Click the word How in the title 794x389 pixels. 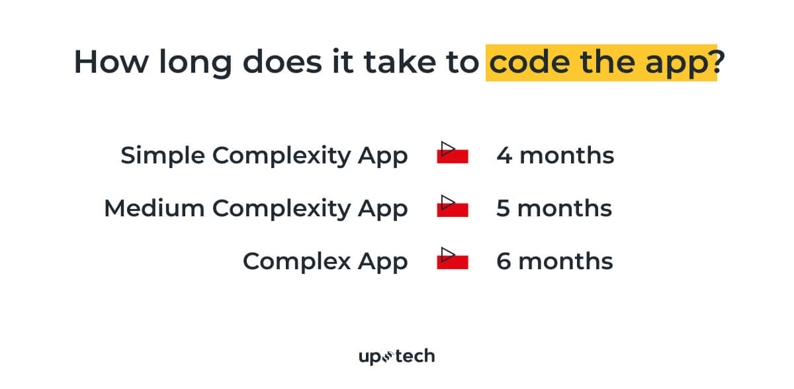point(111,62)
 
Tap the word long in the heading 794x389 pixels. point(195,64)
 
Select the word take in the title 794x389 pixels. point(400,62)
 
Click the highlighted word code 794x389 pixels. point(529,62)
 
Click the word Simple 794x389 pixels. point(163,156)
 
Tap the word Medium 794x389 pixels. point(155,208)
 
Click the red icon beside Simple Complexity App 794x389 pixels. point(453,153)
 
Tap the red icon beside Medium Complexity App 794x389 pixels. point(453,206)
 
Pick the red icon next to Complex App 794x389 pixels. point(453,258)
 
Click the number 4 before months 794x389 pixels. point(504,155)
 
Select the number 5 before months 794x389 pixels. point(504,208)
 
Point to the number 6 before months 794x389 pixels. point(504,261)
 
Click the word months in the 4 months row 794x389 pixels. point(567,155)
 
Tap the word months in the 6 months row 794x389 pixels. point(566,261)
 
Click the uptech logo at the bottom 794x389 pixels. point(396,357)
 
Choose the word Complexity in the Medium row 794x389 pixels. point(281,209)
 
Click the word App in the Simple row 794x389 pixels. point(383,156)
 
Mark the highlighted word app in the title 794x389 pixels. point(677,64)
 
